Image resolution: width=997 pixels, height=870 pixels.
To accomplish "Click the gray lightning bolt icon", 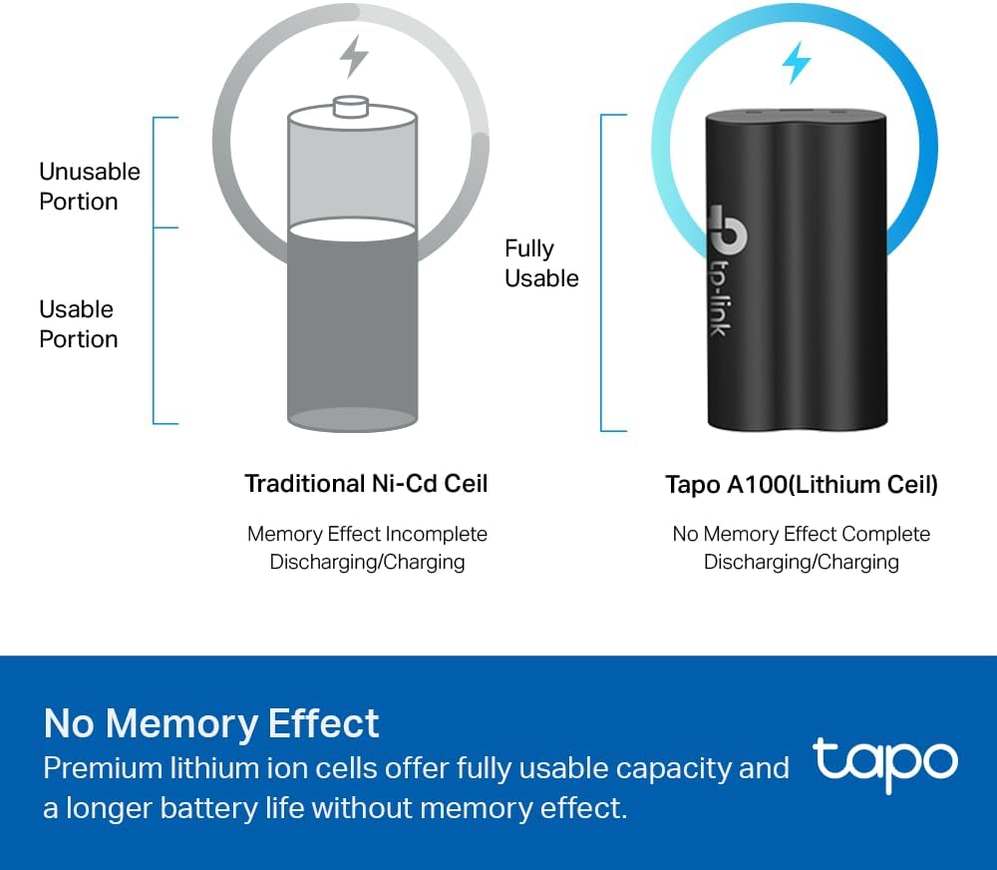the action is tap(354, 56).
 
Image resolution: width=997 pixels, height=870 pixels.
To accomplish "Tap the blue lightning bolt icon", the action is tap(796, 63).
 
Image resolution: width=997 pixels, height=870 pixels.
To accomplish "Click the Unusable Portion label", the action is tap(89, 187).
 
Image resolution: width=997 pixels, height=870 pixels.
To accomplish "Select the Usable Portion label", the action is tap(78, 324).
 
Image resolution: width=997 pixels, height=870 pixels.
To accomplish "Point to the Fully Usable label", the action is tap(541, 263).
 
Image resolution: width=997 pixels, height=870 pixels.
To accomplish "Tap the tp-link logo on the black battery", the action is tap(727, 269).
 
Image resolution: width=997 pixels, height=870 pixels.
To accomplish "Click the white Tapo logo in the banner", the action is tap(885, 765).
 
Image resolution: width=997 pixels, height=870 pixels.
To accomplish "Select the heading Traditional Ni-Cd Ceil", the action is tap(366, 484).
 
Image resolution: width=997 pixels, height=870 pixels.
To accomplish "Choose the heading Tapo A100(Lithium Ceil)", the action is tap(802, 485).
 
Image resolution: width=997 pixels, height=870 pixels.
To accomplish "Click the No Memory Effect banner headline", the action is tap(211, 723).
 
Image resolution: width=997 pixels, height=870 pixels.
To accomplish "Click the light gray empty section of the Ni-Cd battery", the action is tap(352, 172).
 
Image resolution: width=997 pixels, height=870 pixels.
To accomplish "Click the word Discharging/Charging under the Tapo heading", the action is tap(802, 562).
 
